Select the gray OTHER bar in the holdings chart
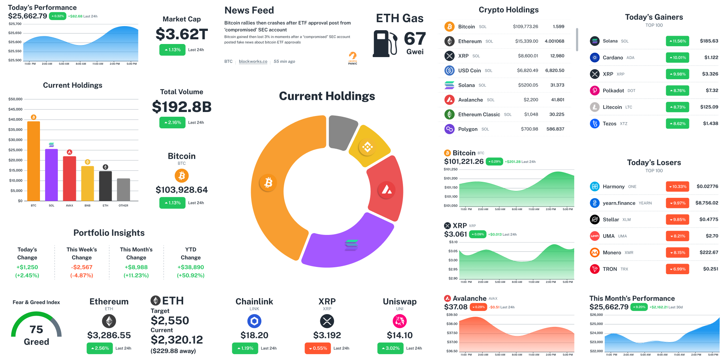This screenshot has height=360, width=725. tap(123, 189)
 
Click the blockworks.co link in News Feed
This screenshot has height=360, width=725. tap(253, 61)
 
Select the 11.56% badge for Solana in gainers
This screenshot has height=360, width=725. tap(677, 41)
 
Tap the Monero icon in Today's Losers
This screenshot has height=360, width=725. tap(595, 252)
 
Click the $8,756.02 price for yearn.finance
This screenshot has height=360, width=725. tap(706, 203)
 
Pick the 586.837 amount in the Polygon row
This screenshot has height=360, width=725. tap(555, 129)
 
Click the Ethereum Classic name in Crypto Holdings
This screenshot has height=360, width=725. tap(479, 115)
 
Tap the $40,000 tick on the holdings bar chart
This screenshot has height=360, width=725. tap(15, 119)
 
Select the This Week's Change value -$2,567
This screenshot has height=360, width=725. tap(82, 267)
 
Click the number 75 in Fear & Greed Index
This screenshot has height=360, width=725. tap(36, 329)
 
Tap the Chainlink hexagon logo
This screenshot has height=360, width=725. tap(254, 321)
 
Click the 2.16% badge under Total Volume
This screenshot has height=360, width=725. tap(172, 123)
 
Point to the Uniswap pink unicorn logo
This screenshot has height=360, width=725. tap(400, 321)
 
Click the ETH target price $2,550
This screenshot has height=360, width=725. tap(170, 320)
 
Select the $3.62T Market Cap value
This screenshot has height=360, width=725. tap(182, 35)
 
